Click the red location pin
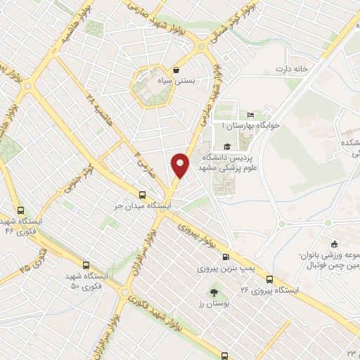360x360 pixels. [181, 165]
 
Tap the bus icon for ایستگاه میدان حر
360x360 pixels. [143, 195]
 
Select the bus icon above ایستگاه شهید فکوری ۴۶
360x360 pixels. [20, 210]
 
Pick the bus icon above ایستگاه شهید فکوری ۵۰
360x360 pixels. [86, 266]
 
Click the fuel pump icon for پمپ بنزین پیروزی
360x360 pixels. [226, 257]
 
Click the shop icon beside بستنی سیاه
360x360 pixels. [176, 70]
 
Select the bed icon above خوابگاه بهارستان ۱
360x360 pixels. [250, 115]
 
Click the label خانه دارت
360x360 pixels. [311, 69]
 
